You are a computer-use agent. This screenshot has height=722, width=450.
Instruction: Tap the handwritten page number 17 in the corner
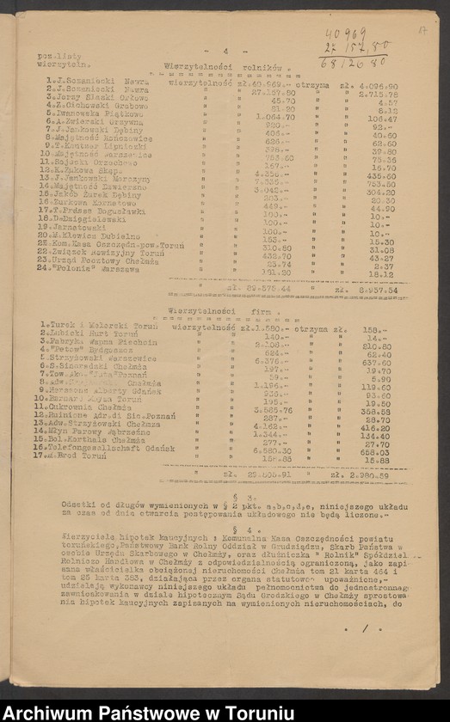point(422,30)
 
